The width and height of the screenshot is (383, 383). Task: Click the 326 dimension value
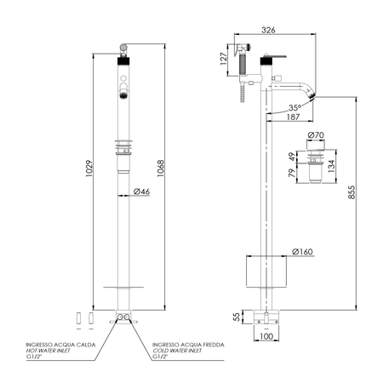[268, 30]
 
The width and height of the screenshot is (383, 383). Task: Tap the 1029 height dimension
[89, 169]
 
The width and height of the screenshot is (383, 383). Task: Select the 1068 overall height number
[161, 169]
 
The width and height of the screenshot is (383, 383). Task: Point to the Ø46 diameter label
[141, 191]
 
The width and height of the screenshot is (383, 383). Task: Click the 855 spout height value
[352, 192]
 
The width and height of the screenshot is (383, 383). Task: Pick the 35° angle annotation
[294, 108]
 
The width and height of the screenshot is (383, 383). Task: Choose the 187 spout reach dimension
[293, 117]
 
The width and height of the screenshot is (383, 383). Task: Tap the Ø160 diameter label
[302, 252]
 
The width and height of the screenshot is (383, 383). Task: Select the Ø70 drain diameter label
[316, 135]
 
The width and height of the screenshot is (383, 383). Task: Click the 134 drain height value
[331, 166]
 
